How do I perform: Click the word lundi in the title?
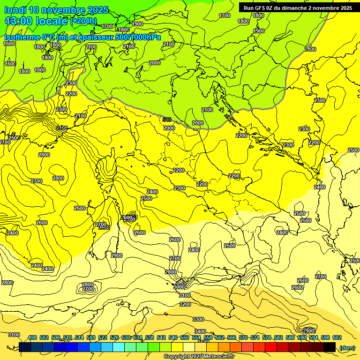tap(15, 10)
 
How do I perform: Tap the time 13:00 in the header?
tap(19, 21)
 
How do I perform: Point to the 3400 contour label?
tap(200, 331)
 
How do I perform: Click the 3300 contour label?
tap(198, 319)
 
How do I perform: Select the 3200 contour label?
tap(185, 304)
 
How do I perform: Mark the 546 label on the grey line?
tap(167, 120)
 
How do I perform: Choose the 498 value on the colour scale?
tap(32, 337)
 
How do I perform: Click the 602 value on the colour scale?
tap(337, 337)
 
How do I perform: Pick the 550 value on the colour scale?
tap(185, 337)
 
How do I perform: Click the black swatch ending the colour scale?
tap(330, 347)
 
